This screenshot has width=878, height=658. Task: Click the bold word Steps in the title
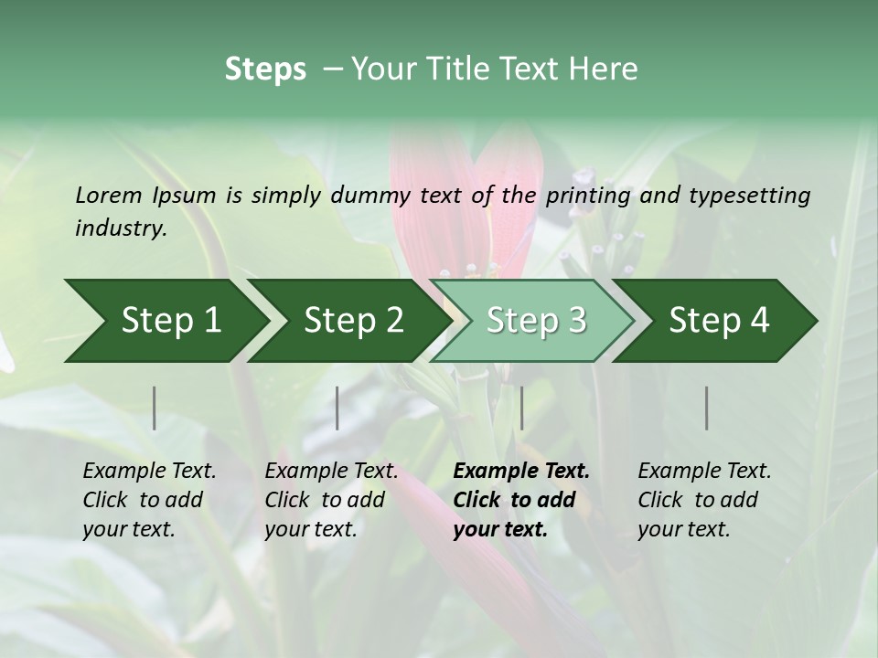pos(265,69)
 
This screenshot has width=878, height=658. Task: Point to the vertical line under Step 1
pos(155,408)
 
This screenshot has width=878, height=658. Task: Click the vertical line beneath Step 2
pos(337,408)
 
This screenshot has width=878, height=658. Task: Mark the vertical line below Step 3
pos(521,408)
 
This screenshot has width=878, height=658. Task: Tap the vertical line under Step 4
pos(707,408)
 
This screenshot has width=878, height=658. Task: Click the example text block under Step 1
pos(149,500)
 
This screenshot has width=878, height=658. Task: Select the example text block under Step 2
pos(331,500)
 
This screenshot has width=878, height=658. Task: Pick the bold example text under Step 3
pos(520,500)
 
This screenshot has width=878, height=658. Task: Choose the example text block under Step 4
pos(704,500)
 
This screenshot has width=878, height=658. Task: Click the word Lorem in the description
pos(108,196)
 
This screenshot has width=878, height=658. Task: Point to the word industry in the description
pos(121,228)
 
